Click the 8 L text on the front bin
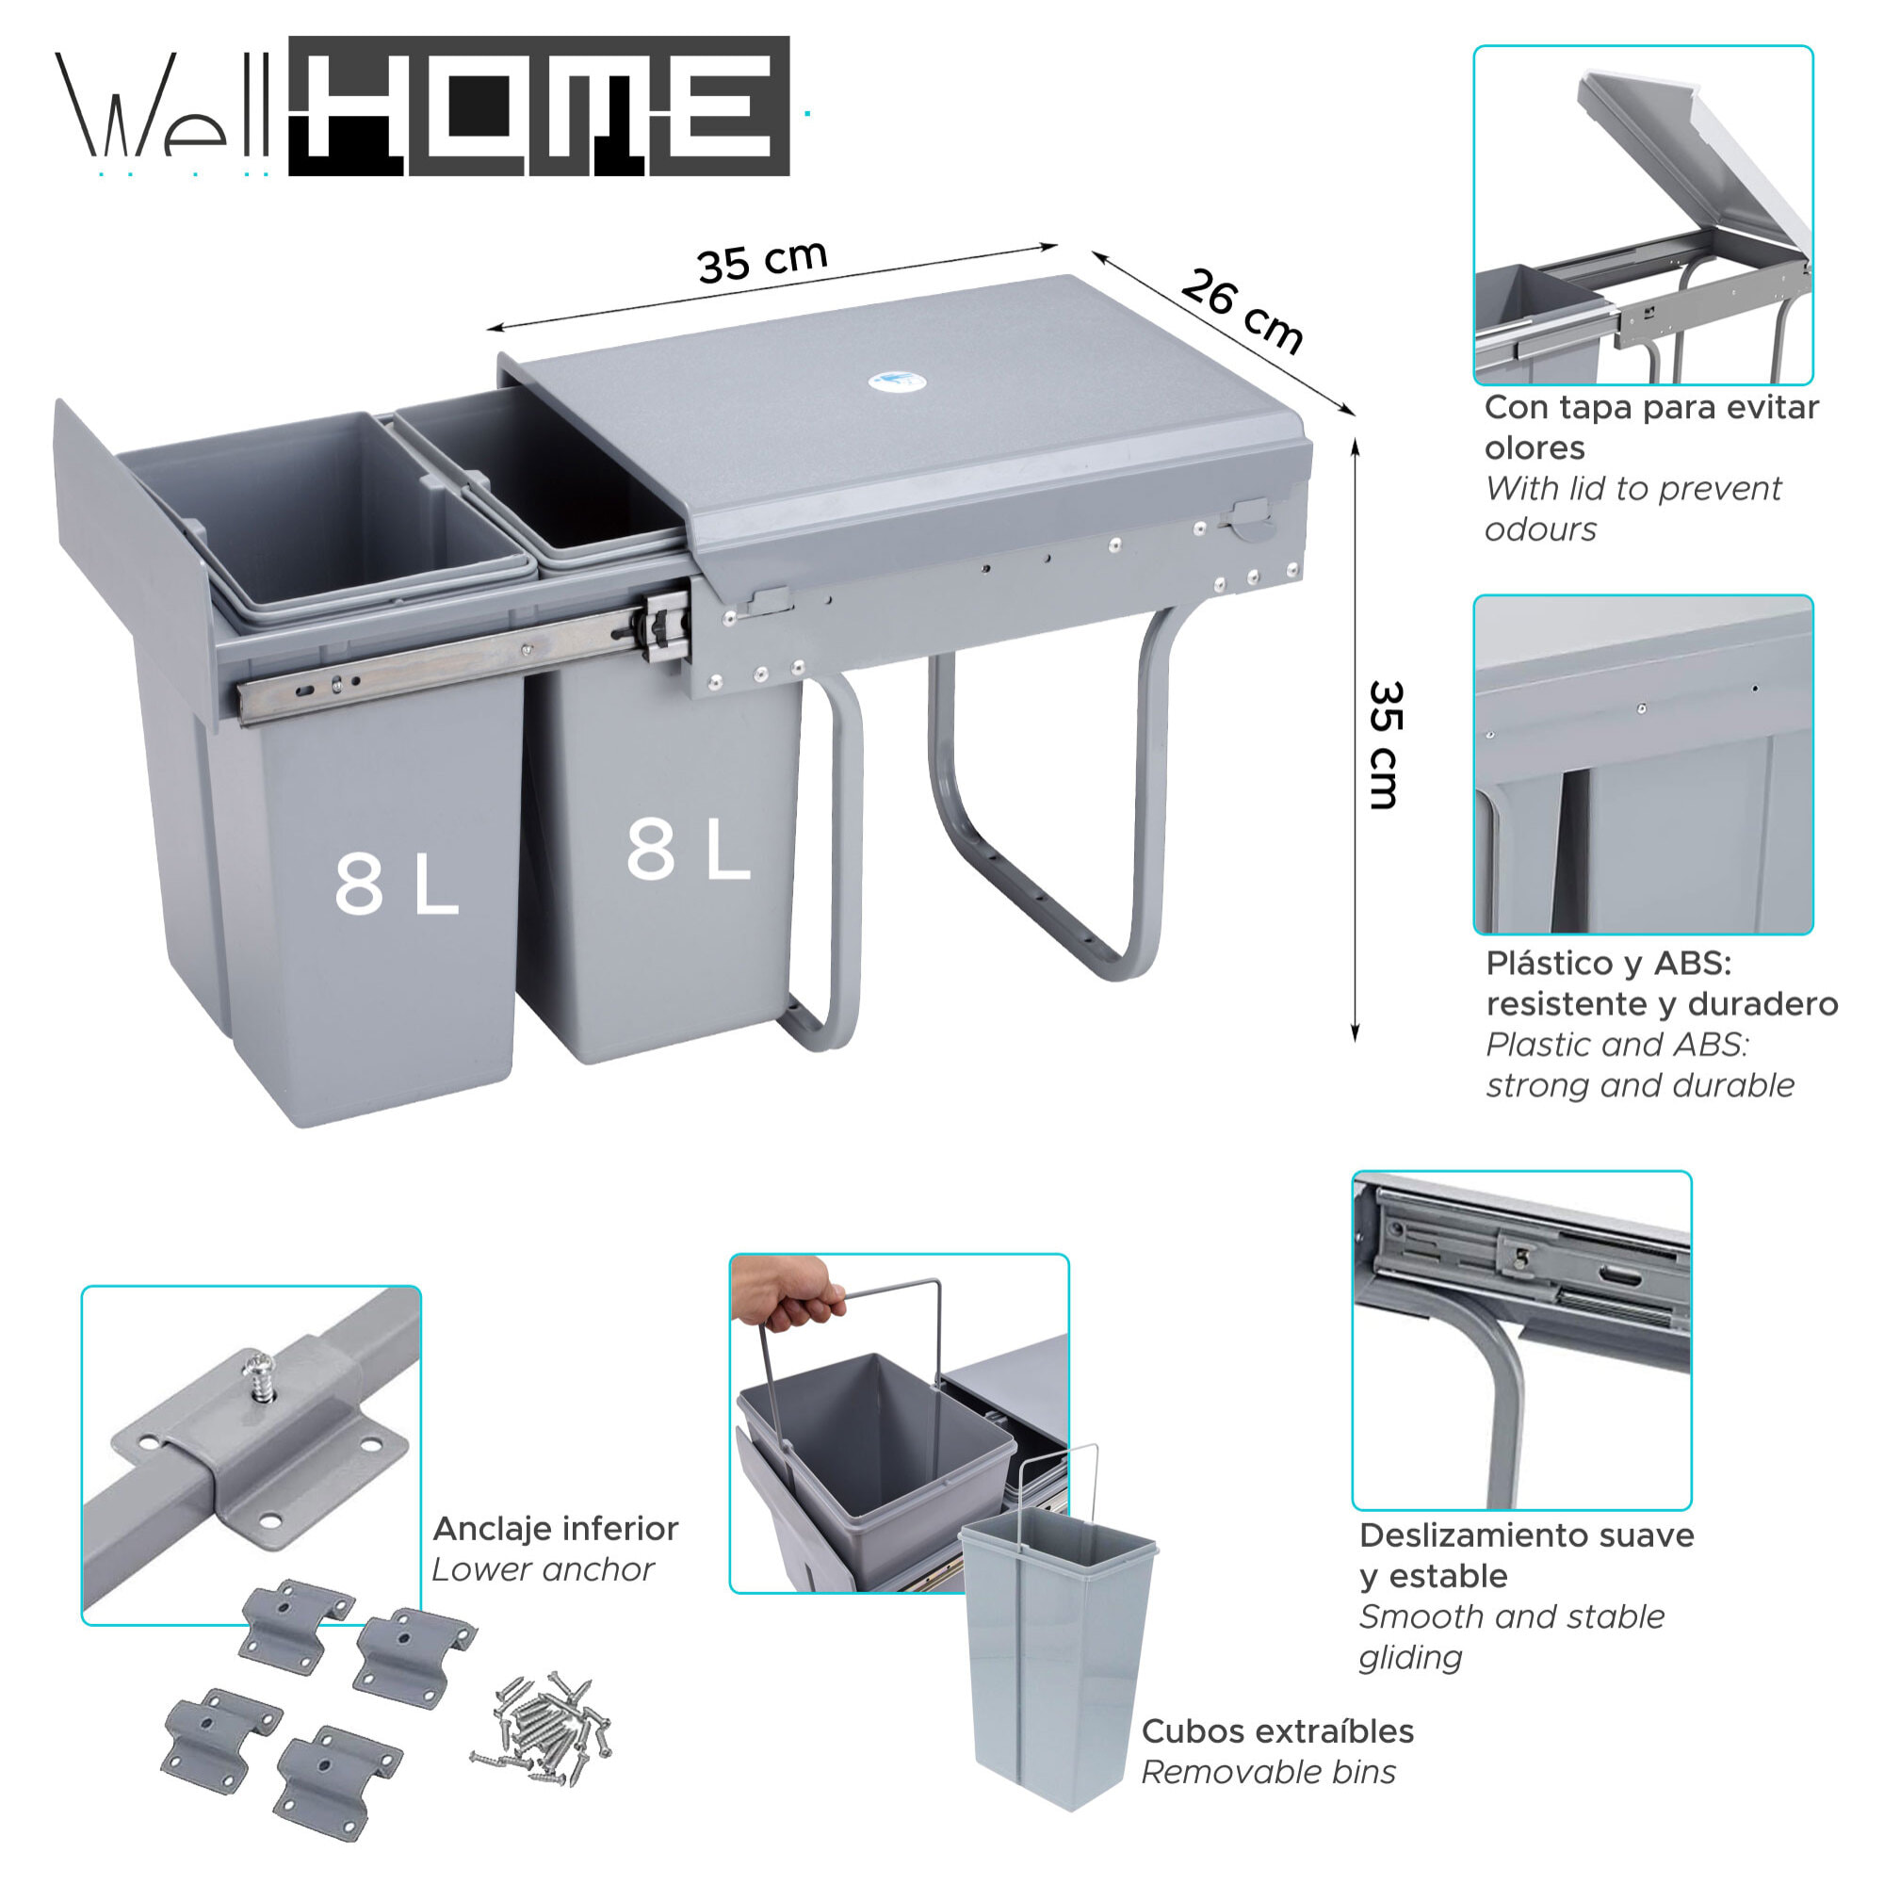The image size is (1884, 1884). (x=396, y=884)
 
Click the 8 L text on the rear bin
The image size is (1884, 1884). (x=688, y=849)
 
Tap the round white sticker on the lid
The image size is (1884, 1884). (x=895, y=381)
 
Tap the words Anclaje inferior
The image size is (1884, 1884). (x=555, y=1528)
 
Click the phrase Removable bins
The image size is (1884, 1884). (x=1268, y=1772)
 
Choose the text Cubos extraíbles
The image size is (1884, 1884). (x=1276, y=1730)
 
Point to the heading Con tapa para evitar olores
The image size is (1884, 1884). (x=1650, y=427)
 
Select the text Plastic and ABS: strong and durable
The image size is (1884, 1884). (x=1638, y=1064)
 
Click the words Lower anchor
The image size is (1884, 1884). (x=543, y=1569)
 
